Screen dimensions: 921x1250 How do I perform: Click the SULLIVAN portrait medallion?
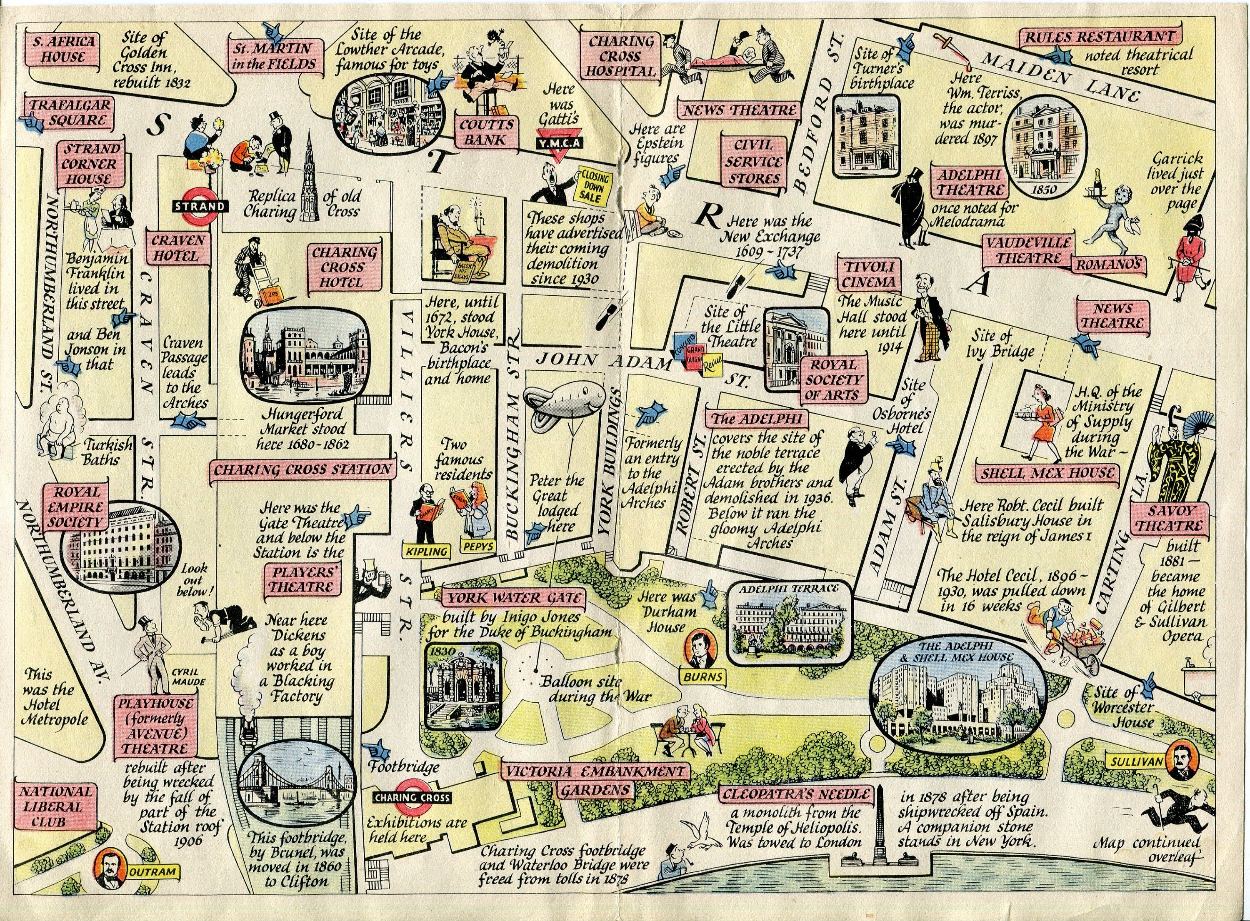click(x=1183, y=761)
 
